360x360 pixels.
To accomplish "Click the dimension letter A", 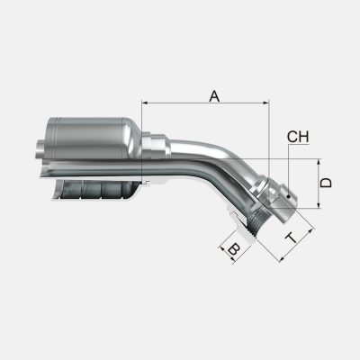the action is pos(214,96).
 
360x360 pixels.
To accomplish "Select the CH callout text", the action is pos(298,137).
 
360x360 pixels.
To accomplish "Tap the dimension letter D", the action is pos(326,183).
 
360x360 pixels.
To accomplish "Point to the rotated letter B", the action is pos(234,250).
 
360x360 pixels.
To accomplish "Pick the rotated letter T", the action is pos(292,238).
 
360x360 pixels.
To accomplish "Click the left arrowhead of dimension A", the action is pos(145,103).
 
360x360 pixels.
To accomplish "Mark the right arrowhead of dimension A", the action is pos(265,103).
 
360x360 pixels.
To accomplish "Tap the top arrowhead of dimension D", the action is pos(319,162).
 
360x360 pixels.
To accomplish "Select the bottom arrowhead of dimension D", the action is pos(319,204).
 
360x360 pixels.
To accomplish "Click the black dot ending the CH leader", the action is pos(288,197).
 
